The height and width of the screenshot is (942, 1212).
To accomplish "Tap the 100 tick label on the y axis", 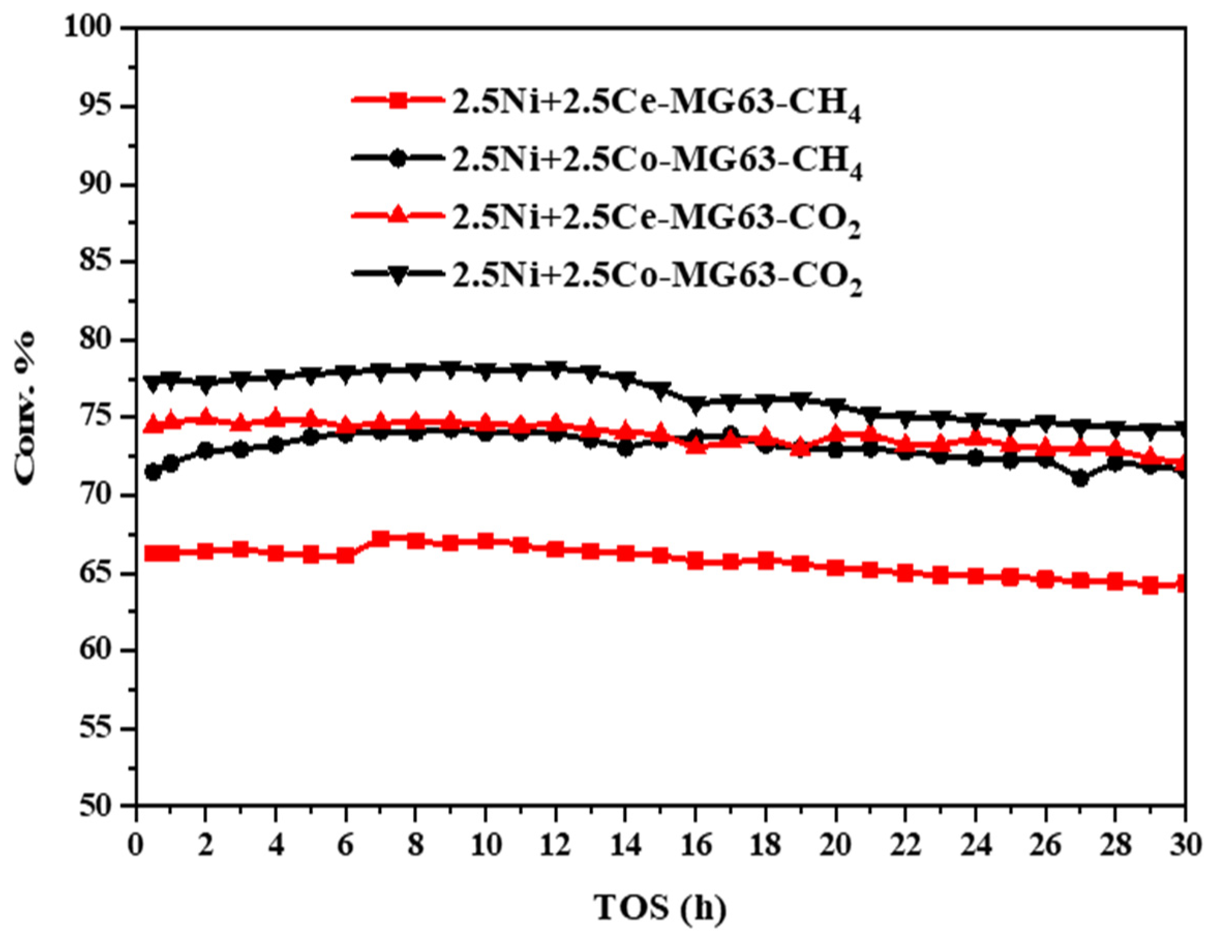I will click(x=93, y=28).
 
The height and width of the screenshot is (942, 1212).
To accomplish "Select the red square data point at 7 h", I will click(x=381, y=538).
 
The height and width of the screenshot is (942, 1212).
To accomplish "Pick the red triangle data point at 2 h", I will click(x=206, y=416).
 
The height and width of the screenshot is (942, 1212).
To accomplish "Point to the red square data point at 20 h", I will click(x=836, y=568).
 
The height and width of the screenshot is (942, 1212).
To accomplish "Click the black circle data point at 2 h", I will click(x=206, y=451).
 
